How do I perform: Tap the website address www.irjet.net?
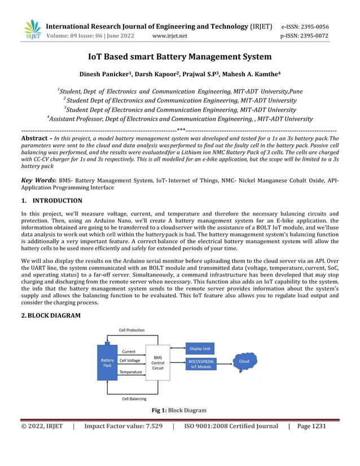point(170,36)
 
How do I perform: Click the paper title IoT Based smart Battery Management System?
point(180,56)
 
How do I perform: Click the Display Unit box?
point(200,349)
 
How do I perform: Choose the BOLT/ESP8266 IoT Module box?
point(200,364)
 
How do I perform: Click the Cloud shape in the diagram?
point(244,361)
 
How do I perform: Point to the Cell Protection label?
point(131,330)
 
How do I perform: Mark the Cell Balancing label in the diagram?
point(134,398)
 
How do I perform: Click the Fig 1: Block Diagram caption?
point(179,410)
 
